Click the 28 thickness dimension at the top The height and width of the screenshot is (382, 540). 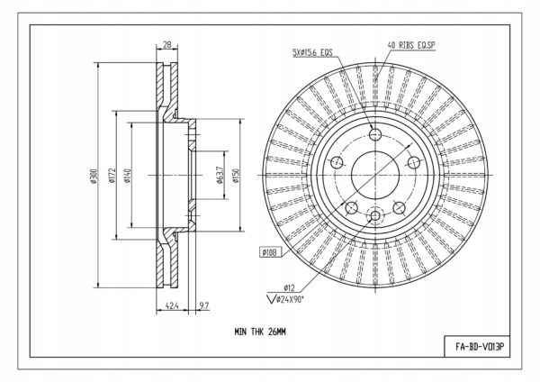point(167,45)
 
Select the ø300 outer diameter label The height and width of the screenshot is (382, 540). point(94,176)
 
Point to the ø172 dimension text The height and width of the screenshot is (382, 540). point(112,175)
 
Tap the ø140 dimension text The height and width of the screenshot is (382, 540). point(128,176)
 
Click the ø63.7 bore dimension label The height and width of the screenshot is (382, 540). point(220,175)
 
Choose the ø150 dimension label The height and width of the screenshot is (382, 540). point(236,176)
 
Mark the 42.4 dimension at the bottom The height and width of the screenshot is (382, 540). point(172,305)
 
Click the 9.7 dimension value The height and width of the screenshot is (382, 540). point(204,305)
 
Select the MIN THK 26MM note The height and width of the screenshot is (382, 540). point(260,332)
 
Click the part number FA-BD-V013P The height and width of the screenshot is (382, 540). point(480,347)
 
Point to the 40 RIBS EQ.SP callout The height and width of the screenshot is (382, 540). point(411,45)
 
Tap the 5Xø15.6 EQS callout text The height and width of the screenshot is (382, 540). point(312,52)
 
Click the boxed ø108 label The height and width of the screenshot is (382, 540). point(270,252)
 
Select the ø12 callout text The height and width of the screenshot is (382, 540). point(289,287)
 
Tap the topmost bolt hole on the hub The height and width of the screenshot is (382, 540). point(375,134)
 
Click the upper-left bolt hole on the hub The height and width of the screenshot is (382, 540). point(337,162)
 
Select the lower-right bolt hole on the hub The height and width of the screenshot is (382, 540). point(400,207)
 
